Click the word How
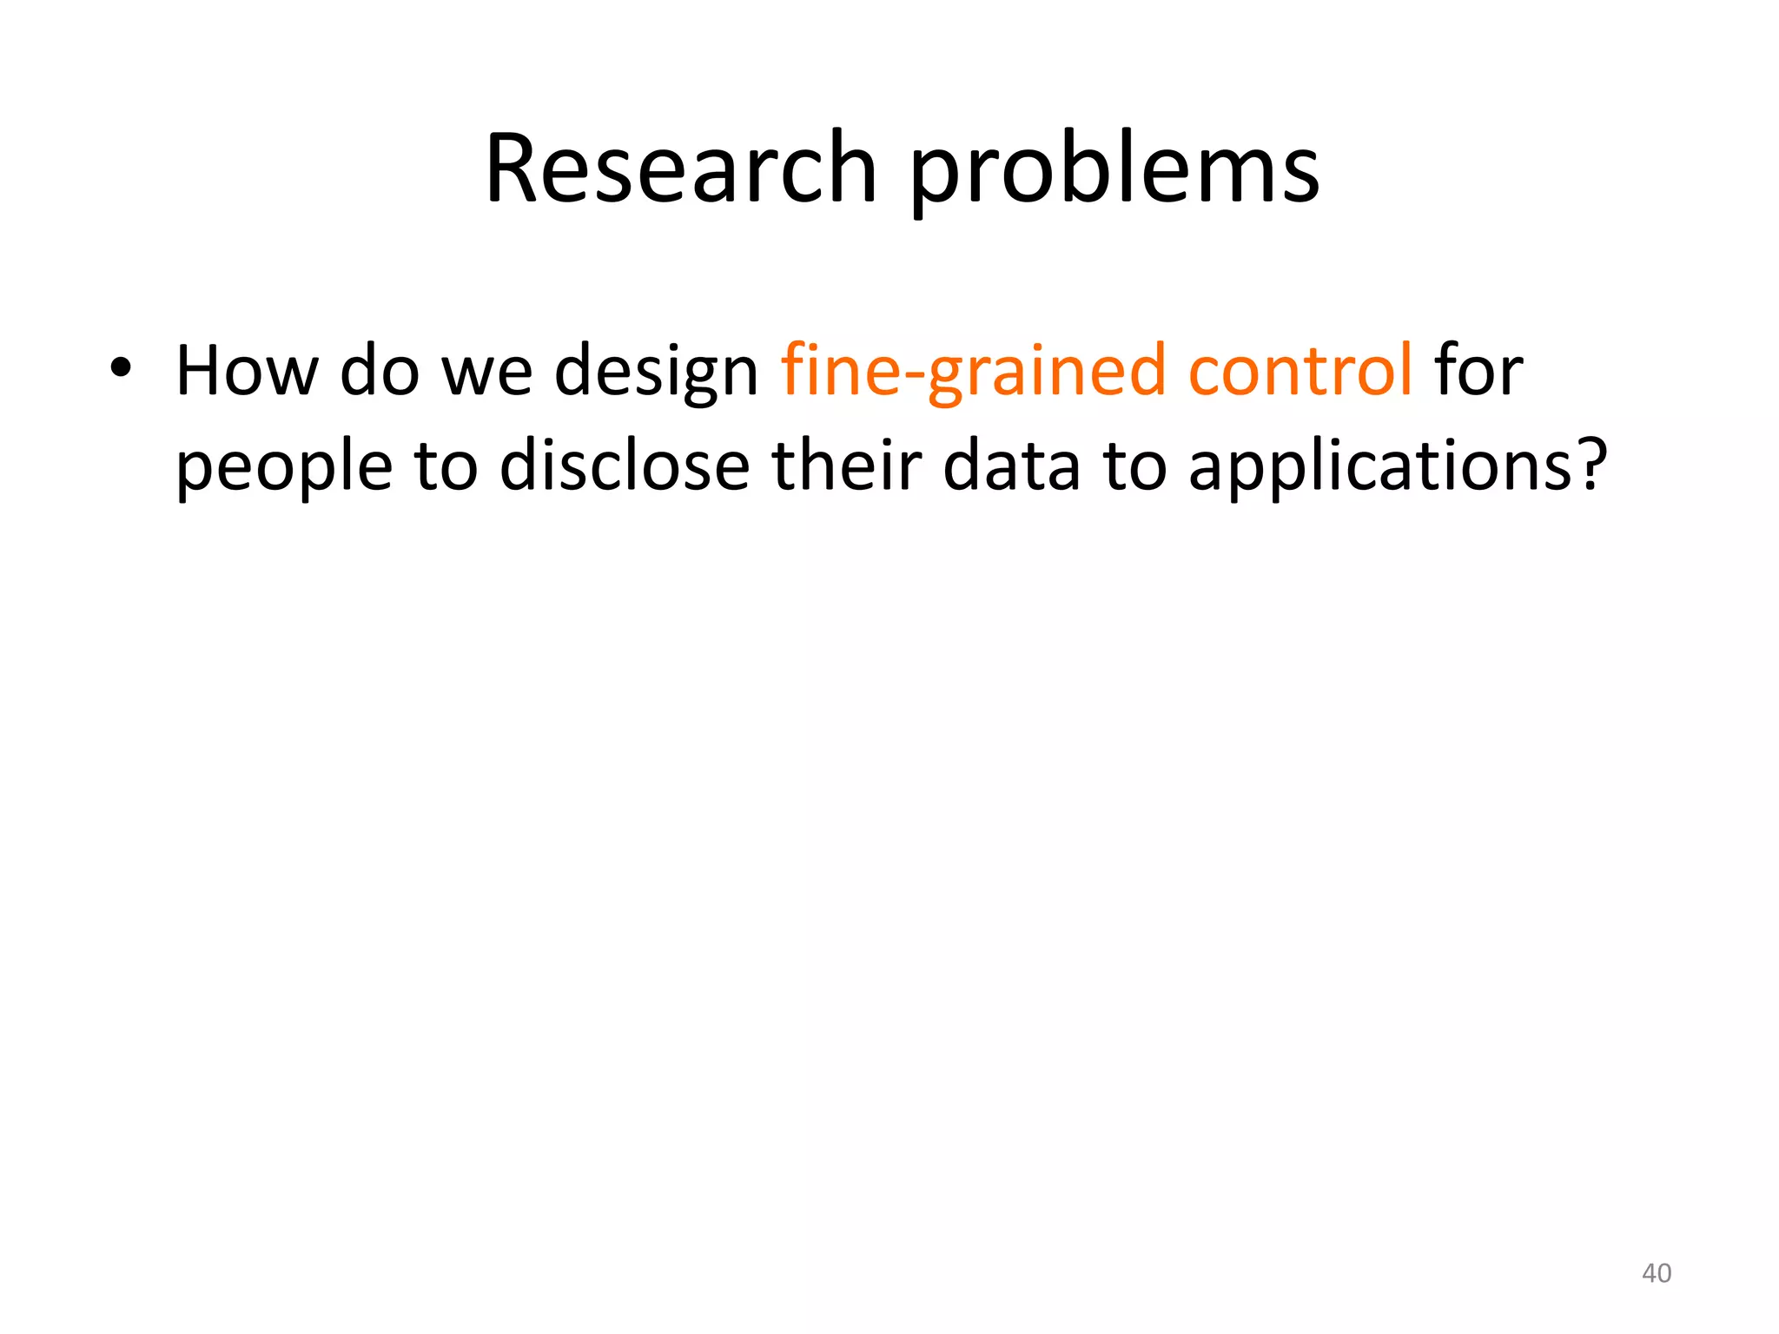(x=247, y=371)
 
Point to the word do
(x=380, y=371)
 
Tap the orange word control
(x=1300, y=371)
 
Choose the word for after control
(x=1478, y=371)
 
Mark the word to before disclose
(x=446, y=466)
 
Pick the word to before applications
(x=1134, y=466)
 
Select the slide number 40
(x=1657, y=1273)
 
